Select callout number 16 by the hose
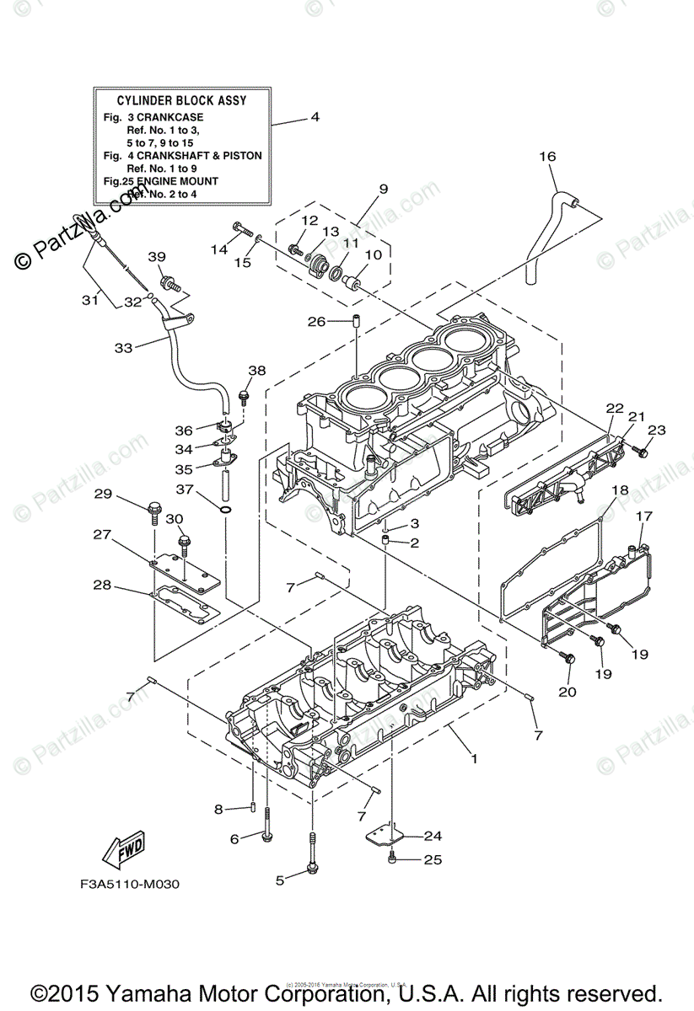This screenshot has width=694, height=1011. click(548, 157)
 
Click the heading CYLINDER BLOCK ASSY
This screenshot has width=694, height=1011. click(181, 100)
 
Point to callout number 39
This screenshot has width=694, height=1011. click(157, 257)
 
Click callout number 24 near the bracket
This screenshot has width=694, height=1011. click(433, 836)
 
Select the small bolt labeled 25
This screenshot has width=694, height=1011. click(393, 859)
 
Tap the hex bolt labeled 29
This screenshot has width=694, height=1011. click(155, 510)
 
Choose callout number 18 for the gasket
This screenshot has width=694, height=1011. click(620, 490)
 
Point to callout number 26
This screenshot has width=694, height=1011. click(316, 321)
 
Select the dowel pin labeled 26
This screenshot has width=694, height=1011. click(357, 321)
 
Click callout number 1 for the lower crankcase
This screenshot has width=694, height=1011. click(474, 758)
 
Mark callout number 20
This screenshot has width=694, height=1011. click(567, 692)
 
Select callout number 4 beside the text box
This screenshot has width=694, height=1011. click(315, 117)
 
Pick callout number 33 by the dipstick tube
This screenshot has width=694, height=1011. click(123, 347)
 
